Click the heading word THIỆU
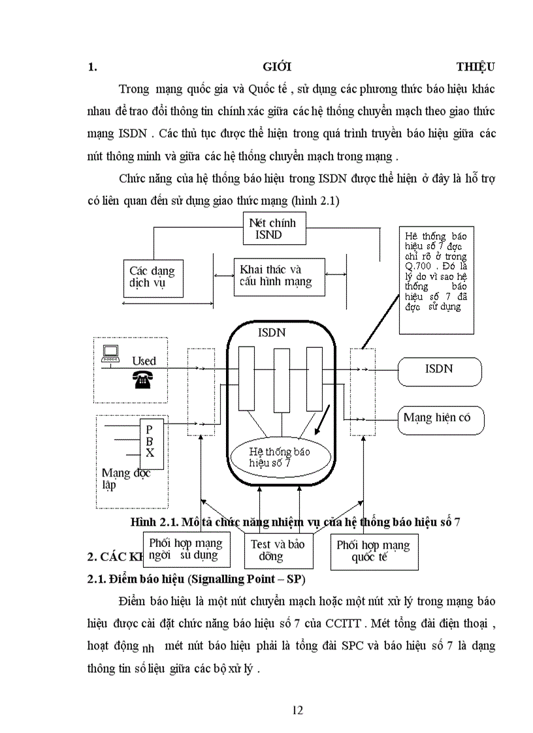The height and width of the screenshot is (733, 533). (x=475, y=67)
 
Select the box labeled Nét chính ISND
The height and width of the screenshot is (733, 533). (x=272, y=228)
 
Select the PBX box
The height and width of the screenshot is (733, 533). (x=150, y=442)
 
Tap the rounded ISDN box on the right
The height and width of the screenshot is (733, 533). (x=440, y=369)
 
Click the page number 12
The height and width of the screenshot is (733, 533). (x=297, y=710)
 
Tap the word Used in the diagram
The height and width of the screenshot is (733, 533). (x=144, y=361)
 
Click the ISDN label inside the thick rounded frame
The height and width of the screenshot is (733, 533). (x=272, y=333)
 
